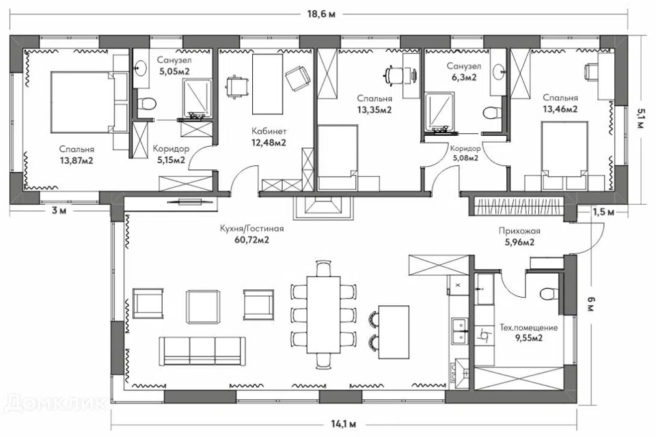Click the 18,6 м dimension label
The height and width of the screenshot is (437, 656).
(321, 14)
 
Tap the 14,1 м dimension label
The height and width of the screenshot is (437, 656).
(344, 425)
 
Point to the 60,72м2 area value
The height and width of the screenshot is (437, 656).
(252, 240)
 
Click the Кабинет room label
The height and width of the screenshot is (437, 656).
(269, 131)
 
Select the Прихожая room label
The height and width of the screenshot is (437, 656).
(519, 231)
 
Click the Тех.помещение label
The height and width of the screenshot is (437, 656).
(529, 328)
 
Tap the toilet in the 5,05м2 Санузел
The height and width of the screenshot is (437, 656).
(146, 102)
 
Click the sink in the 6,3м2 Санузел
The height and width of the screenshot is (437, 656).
(499, 72)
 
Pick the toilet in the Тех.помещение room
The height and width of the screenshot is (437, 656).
(548, 294)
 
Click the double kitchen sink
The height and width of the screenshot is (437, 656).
(459, 330)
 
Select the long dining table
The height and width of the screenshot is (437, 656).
(323, 315)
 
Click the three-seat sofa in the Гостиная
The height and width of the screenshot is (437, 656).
(202, 351)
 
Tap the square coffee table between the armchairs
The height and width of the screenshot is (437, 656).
(203, 307)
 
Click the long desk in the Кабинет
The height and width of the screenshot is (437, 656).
(267, 83)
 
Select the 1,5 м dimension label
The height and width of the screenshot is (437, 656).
(603, 212)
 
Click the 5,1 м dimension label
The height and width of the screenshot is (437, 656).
(641, 118)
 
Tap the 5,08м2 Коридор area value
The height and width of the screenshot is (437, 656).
(465, 158)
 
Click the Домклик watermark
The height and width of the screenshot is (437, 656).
(55, 403)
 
